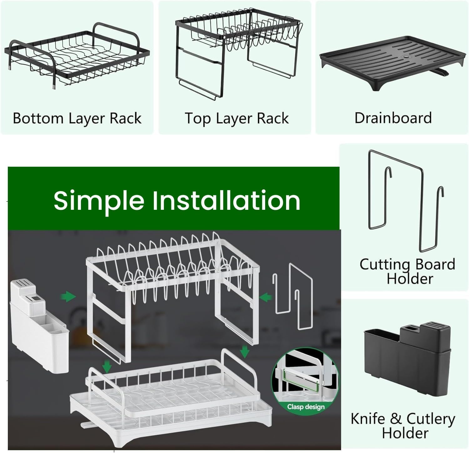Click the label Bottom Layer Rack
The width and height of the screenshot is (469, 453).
(x=77, y=119)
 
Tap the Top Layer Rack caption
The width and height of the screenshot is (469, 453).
(x=237, y=119)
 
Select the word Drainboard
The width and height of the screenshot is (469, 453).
(x=393, y=118)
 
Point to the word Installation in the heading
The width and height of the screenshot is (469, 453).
(x=226, y=200)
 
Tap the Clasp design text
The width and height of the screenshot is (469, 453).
(x=305, y=406)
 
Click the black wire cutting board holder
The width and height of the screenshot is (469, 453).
(x=406, y=200)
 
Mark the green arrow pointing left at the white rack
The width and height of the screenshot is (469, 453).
(x=265, y=297)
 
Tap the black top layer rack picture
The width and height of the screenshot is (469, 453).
(x=238, y=53)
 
